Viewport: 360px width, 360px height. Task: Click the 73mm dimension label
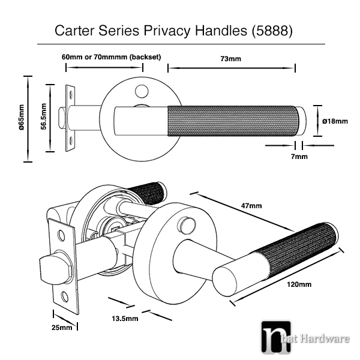231,59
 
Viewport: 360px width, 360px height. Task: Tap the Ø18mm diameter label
335,121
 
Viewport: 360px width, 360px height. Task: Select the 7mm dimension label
299,157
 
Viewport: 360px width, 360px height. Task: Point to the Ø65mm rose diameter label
22,118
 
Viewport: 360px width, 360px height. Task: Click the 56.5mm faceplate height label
44,116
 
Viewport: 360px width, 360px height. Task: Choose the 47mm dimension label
251,205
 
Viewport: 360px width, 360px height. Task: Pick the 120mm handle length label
299,284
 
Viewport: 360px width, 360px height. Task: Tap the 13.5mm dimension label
125,319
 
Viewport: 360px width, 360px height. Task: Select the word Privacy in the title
167,31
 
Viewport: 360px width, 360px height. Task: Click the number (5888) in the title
272,31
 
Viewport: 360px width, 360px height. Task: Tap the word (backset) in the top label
145,57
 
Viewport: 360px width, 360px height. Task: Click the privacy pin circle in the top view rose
142,91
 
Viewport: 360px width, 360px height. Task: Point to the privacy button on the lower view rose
186,224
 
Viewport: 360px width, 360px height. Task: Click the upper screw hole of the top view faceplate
71,94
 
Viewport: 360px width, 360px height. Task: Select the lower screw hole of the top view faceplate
71,140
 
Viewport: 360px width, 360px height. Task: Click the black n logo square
276,337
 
